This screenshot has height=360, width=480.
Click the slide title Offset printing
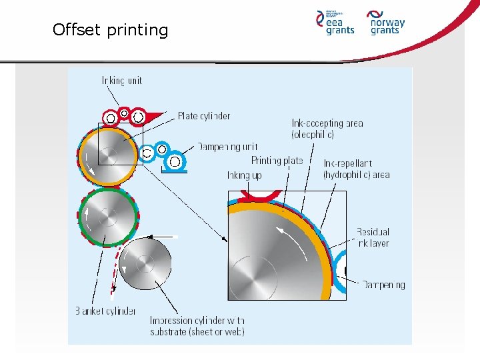tap(110, 30)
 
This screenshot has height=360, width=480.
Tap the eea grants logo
tap(335, 22)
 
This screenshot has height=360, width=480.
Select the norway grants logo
tap(387, 22)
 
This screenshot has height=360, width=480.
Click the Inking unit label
tap(122, 81)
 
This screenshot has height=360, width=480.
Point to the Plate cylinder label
tap(204, 116)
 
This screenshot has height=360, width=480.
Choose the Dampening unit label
tap(227, 147)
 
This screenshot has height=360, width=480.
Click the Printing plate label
tap(277, 161)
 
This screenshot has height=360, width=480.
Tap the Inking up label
tap(244, 175)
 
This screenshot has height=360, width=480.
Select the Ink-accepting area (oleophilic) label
tap(327, 129)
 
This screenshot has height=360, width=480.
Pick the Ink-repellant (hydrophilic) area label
tap(357, 169)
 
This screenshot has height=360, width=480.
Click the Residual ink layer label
tap(372, 238)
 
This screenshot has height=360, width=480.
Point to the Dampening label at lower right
tap(383, 285)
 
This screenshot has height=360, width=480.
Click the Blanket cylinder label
tap(105, 311)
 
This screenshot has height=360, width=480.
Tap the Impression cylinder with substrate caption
tap(197, 326)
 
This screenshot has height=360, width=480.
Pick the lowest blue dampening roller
tap(175, 161)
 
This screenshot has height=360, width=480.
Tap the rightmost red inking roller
tap(138, 117)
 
